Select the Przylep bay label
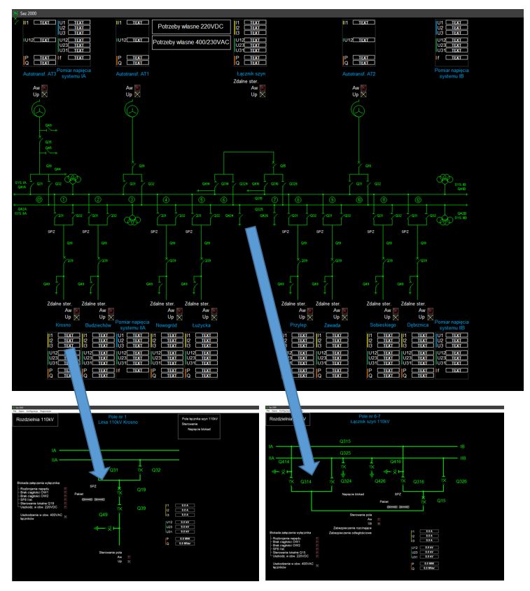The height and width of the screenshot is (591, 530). [x=298, y=325]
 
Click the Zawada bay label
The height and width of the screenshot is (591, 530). [x=333, y=325]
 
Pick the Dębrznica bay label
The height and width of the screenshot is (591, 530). [x=419, y=325]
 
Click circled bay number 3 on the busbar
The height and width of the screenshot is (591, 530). [x=132, y=200]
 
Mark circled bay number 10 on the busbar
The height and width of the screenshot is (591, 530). [x=359, y=200]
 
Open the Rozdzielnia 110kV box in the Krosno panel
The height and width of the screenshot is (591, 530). [x=35, y=419]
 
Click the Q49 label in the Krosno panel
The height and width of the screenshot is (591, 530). [x=103, y=514]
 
